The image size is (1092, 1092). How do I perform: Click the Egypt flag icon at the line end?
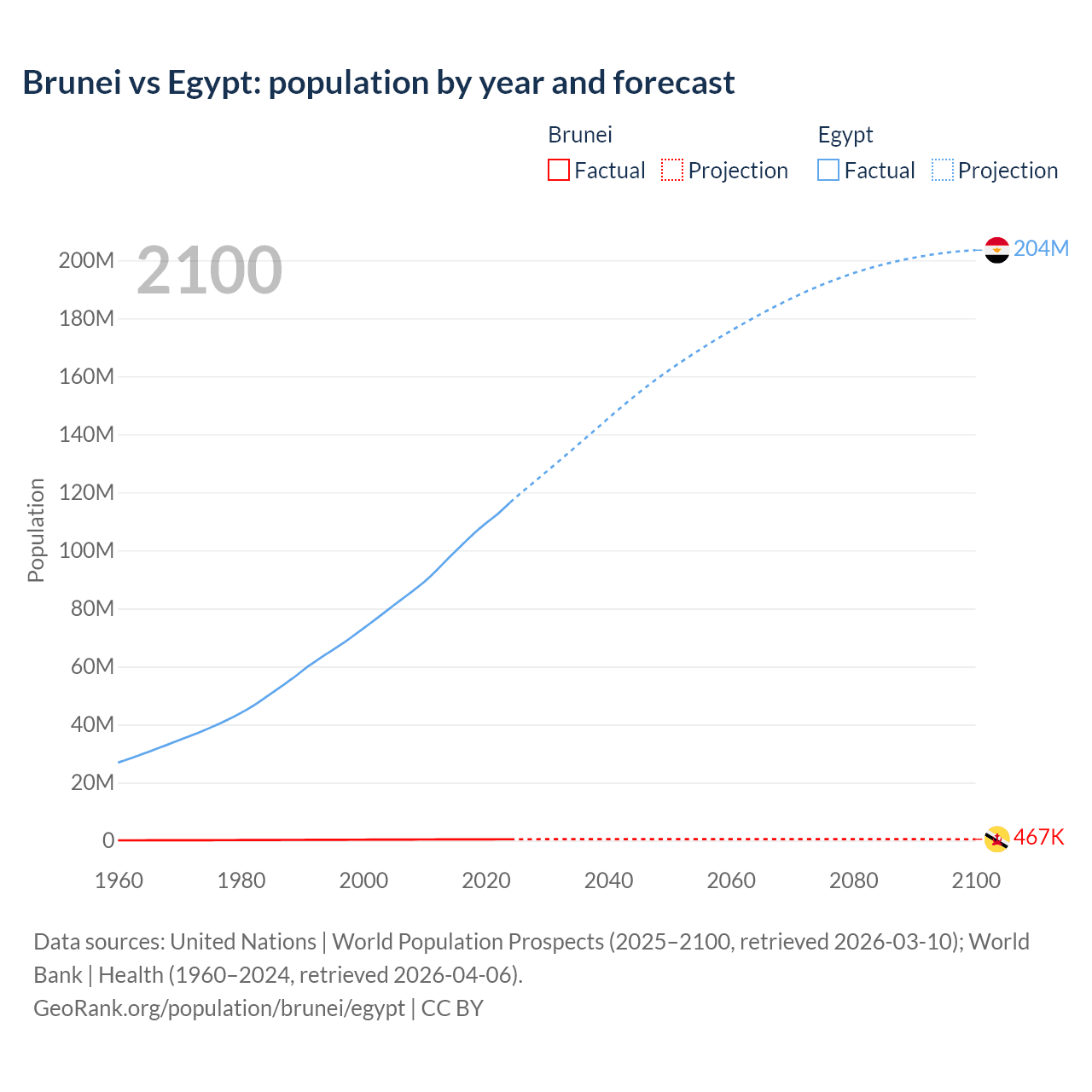coord(996,250)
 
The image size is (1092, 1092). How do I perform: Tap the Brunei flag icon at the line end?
coord(996,839)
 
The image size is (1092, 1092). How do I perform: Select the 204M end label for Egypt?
coord(1041,248)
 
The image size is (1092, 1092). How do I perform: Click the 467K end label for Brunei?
coord(1038,837)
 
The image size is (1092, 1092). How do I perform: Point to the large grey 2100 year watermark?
coord(209,270)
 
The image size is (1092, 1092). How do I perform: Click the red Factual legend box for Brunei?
coord(559,170)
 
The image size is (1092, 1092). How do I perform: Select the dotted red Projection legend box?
coord(672,170)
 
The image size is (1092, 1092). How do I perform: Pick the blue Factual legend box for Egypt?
coord(828,170)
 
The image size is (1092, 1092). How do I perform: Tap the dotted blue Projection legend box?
coord(943,170)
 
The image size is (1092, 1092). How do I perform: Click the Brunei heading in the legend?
coord(580,135)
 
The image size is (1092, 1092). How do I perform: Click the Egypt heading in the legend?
coord(845,135)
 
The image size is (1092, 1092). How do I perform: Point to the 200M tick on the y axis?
coord(86,260)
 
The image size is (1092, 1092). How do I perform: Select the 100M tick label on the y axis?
coord(86,550)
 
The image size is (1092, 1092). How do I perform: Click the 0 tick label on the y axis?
coord(108,840)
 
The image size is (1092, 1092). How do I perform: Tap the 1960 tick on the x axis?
coord(119,880)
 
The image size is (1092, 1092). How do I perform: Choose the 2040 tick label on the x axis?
coord(608,880)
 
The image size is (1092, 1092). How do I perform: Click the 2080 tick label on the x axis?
coord(853,880)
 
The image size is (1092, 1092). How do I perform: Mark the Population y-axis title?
coord(36,530)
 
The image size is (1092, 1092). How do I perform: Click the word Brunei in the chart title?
coord(72,83)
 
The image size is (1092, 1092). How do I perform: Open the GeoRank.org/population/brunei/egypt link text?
coord(219,1008)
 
